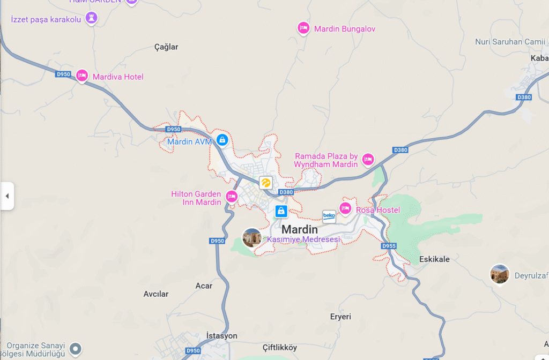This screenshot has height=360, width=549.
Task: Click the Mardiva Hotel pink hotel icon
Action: (81, 76)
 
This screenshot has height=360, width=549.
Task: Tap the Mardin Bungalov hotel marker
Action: (303, 28)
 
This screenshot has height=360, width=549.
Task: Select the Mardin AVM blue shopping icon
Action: (222, 140)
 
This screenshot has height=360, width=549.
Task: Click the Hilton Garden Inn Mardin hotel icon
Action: (232, 196)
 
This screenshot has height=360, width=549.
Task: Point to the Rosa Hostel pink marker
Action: (345, 208)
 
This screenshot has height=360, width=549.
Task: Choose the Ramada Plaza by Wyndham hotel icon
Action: (368, 159)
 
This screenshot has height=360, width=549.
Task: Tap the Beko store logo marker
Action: (329, 216)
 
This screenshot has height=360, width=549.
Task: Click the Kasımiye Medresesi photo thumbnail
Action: (252, 237)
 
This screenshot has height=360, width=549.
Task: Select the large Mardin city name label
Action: (303, 229)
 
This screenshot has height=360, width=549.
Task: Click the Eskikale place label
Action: (434, 259)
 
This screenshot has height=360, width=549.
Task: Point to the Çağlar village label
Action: (166, 47)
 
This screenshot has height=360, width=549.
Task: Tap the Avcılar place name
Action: (156, 294)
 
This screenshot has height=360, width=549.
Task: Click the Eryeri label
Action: (340, 317)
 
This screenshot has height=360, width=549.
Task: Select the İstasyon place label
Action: (221, 336)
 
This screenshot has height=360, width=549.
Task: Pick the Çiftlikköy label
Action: (280, 348)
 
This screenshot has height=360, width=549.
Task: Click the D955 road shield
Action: (389, 246)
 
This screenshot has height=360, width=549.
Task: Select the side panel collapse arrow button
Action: (7, 196)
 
